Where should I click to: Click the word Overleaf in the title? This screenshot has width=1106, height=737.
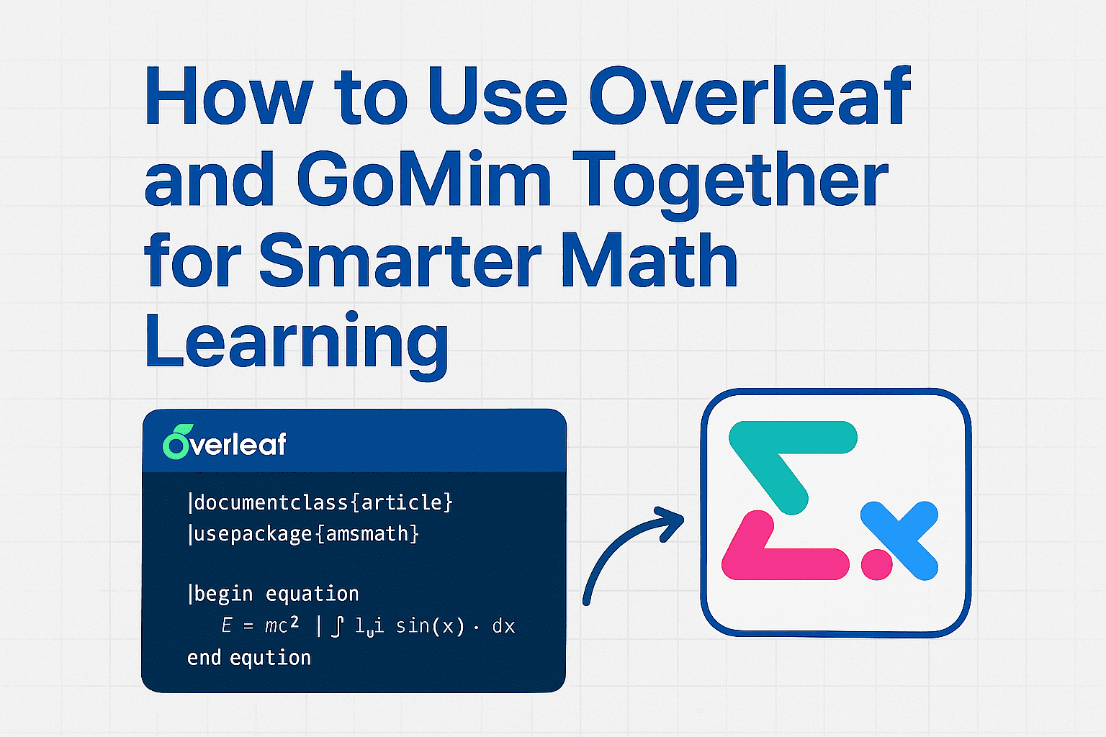(750, 97)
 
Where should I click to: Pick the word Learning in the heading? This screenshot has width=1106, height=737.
(296, 341)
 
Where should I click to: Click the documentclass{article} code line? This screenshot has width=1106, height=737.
(320, 502)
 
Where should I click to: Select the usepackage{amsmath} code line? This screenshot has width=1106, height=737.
(303, 534)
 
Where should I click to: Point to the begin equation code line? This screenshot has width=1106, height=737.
(274, 594)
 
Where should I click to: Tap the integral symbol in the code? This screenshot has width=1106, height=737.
(337, 626)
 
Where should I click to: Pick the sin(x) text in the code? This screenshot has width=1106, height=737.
(430, 626)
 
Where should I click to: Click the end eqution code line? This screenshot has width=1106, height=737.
(249, 658)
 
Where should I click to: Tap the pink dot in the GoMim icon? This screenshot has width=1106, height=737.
(877, 564)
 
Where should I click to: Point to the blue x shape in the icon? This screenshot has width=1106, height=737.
(900, 540)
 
